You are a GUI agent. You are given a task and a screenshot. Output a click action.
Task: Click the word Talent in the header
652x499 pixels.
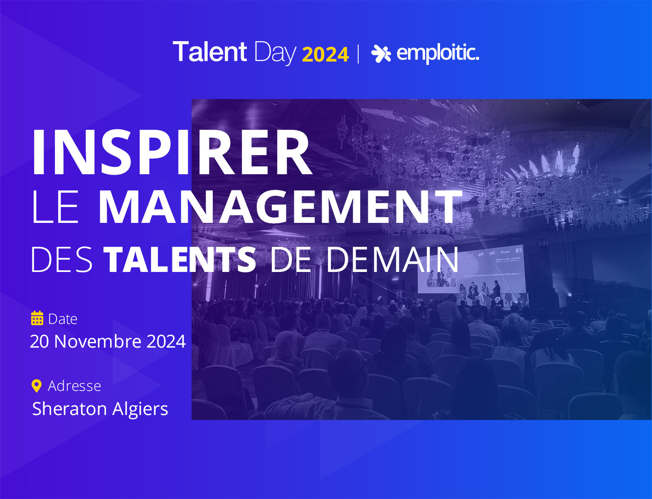pyautogui.click(x=209, y=52)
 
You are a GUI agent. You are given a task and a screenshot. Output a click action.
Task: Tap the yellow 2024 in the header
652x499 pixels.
pyautogui.click(x=325, y=55)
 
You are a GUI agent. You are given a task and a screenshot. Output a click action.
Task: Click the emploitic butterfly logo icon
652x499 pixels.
pyautogui.click(x=381, y=53)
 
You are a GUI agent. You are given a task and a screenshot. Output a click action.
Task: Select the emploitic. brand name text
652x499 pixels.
pyautogui.click(x=438, y=53)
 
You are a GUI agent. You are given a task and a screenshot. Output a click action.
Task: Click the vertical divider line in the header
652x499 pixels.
pyautogui.click(x=358, y=54)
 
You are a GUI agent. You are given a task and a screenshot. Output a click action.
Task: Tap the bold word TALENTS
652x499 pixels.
pyautogui.click(x=180, y=259)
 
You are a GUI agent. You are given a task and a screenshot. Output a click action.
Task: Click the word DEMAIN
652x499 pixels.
pyautogui.click(x=392, y=259)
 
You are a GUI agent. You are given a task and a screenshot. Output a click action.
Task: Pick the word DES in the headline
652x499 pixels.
pyautogui.click(x=62, y=259)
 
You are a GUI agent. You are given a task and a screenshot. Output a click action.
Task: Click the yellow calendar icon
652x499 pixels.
pyautogui.click(x=37, y=318)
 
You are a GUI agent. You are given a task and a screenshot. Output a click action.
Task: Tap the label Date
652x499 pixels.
pyautogui.click(x=63, y=319)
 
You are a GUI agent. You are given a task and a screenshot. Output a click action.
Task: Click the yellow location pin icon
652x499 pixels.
pyautogui.click(x=37, y=386)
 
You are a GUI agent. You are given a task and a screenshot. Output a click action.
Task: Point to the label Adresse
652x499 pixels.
pyautogui.click(x=74, y=386)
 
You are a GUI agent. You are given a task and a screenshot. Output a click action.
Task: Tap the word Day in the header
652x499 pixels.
pyautogui.click(x=275, y=53)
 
